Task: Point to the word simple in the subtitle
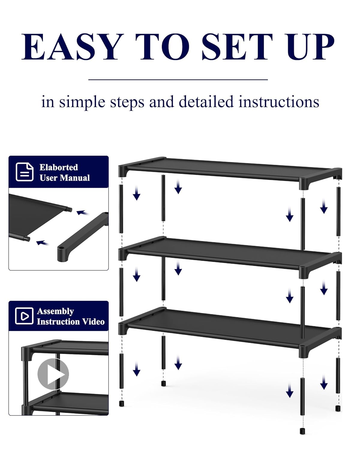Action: coord(82,102)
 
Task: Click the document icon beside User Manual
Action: coord(25,172)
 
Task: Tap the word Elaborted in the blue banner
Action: coord(58,167)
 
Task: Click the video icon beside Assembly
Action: coord(24,316)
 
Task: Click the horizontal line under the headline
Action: coord(178,80)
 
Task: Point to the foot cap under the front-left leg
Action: coord(121,403)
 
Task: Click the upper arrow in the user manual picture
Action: coord(83,213)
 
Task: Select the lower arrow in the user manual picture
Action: coord(43,243)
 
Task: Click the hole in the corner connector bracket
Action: coord(61,249)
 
